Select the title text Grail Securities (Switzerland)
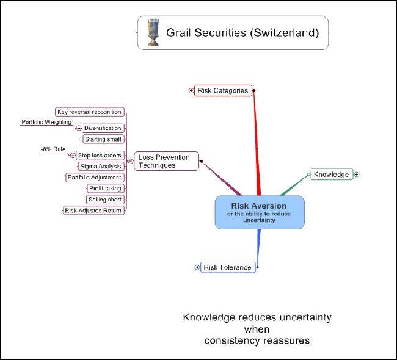[x=242, y=33]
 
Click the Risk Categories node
[x=222, y=91]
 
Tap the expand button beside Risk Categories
[x=191, y=91]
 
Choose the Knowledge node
[x=332, y=175]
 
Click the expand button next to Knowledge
[x=357, y=175]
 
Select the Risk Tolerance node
[x=227, y=267]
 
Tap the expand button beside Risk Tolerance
[x=197, y=267]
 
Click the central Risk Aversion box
[x=259, y=212]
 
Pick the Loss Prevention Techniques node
[x=164, y=161]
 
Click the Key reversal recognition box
[x=89, y=112]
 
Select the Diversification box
[x=102, y=128]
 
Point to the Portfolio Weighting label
[x=46, y=122]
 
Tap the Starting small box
[x=103, y=139]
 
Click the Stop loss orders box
[x=100, y=156]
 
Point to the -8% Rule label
[x=53, y=149]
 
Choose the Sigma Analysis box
[x=101, y=166]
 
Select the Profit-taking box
[x=104, y=189]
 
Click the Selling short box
[x=105, y=200]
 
